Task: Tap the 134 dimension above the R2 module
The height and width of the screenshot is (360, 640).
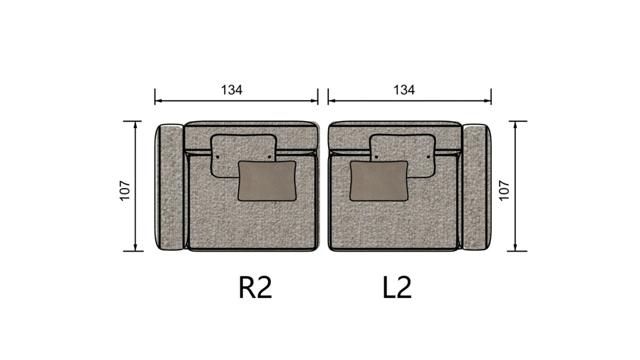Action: [232, 90]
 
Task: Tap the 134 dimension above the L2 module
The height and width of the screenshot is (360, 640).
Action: [404, 90]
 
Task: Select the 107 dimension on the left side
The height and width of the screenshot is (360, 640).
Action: [125, 190]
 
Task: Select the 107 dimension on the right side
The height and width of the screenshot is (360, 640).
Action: [504, 190]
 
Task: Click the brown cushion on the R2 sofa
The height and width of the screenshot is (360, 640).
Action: [267, 181]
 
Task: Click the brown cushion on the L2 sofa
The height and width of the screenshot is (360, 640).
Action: [379, 181]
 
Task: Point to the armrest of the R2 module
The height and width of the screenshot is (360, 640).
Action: [170, 187]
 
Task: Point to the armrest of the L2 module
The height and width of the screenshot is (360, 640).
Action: [477, 187]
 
